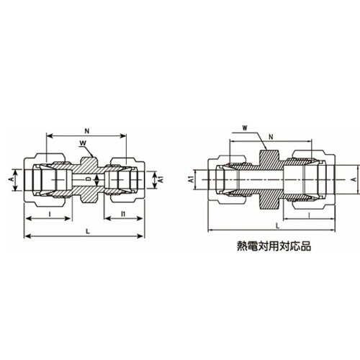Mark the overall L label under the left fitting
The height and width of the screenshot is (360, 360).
87,230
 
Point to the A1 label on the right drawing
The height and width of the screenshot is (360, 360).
192,177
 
